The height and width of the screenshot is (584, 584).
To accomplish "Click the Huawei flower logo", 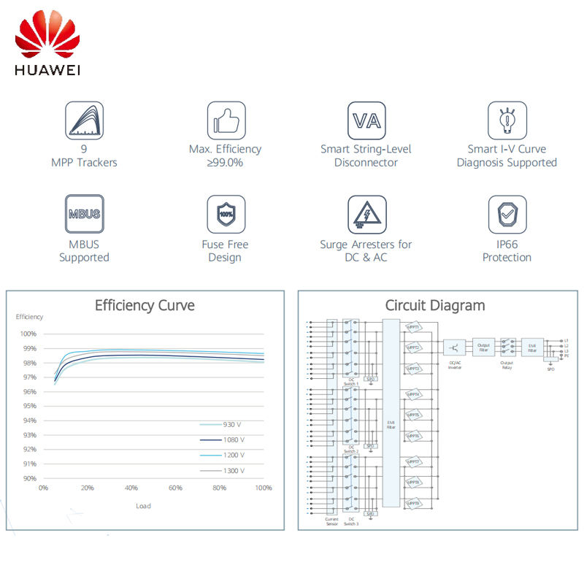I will click(47, 38).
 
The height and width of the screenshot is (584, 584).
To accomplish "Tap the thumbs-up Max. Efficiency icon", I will click(226, 120).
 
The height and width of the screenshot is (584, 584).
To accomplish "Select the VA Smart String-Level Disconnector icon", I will click(366, 120).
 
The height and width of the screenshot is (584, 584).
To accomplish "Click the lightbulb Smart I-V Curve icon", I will click(507, 120).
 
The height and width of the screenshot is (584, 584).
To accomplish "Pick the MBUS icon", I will click(84, 215).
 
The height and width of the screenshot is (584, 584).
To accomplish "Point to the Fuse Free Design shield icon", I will click(226, 215).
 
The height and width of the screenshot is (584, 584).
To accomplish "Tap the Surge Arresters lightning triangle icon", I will click(366, 215).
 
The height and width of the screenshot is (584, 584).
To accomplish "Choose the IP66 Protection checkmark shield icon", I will click(507, 215).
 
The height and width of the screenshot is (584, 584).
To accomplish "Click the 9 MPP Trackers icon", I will click(84, 120).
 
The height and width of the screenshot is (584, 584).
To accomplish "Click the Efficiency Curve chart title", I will click(145, 305).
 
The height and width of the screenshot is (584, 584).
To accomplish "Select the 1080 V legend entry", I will click(223, 439).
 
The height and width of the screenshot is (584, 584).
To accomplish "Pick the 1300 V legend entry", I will click(223, 471).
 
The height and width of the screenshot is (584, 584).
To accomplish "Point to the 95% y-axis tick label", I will click(28, 406).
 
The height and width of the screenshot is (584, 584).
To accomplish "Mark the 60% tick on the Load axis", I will click(175, 488).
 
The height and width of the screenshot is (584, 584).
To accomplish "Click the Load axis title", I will click(144, 506).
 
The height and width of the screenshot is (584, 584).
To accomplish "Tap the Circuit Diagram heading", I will click(435, 305).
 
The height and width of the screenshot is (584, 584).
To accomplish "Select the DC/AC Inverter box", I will click(454, 347).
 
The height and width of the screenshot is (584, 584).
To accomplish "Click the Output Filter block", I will click(483, 347).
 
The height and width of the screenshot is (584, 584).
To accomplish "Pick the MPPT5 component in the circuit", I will click(414, 415).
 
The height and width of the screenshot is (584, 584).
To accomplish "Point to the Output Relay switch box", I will click(508, 347).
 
